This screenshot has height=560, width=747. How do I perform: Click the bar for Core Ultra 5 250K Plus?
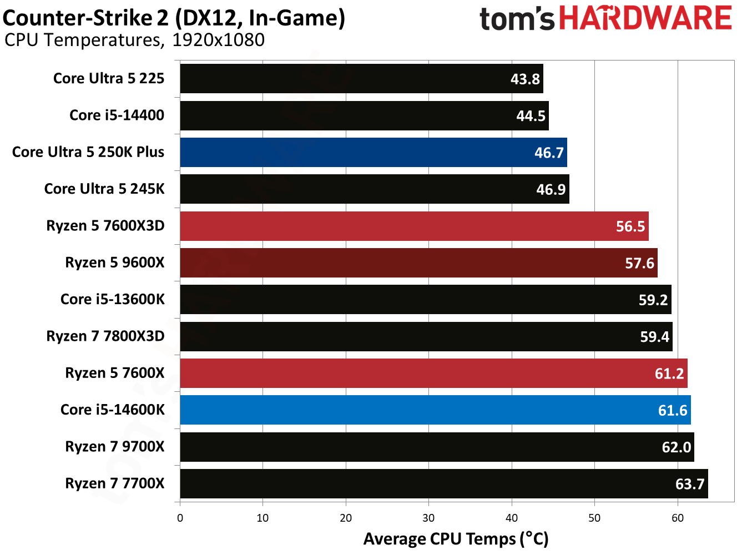click(x=373, y=153)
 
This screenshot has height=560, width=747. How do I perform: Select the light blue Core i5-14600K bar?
click(x=435, y=410)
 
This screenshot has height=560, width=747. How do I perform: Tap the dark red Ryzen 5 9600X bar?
click(x=418, y=263)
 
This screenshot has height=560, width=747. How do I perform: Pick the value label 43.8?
click(x=524, y=79)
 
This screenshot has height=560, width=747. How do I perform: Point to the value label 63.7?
click(x=689, y=484)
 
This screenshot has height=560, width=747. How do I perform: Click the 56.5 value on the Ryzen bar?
click(x=630, y=226)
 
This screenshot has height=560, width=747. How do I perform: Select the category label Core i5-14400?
click(x=117, y=115)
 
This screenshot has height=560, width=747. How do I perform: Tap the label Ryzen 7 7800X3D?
click(x=105, y=336)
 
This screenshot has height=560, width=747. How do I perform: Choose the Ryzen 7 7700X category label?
click(x=114, y=483)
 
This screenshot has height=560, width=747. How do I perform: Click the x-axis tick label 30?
click(x=428, y=518)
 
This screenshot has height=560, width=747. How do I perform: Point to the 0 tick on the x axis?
click(x=180, y=518)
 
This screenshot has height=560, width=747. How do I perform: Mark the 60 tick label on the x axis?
click(x=677, y=518)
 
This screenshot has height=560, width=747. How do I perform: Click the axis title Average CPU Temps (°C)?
click(x=456, y=539)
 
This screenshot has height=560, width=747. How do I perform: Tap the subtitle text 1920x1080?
click(x=218, y=40)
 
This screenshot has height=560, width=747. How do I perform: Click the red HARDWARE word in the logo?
click(x=645, y=18)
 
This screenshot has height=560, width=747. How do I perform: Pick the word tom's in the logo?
click(x=516, y=19)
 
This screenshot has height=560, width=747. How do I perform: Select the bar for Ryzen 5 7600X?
click(x=433, y=374)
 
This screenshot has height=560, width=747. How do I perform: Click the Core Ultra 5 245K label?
click(x=104, y=189)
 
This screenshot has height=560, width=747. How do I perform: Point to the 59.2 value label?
click(x=653, y=300)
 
